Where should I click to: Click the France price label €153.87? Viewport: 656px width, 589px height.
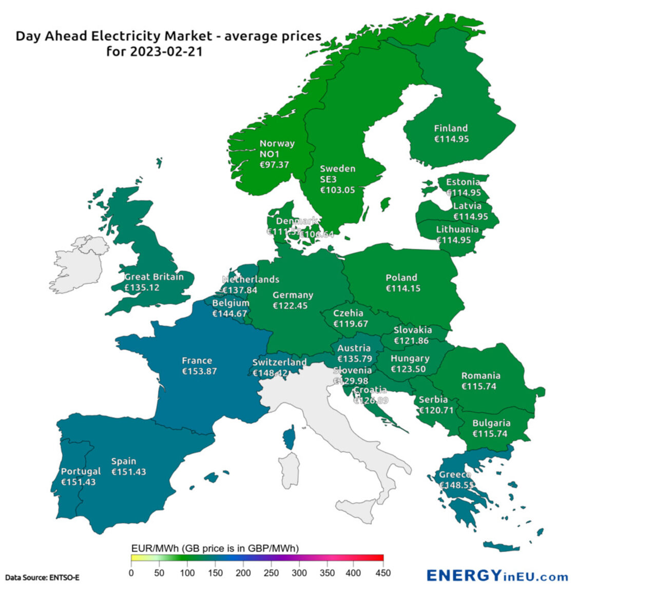click(199, 371)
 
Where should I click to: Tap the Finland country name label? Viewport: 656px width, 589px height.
click(451, 128)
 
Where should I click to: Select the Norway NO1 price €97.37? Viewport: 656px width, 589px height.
click(274, 165)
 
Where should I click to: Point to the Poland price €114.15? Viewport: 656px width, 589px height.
click(403, 288)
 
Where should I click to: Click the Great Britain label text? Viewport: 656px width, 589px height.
click(154, 277)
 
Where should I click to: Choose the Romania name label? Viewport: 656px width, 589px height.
click(480, 376)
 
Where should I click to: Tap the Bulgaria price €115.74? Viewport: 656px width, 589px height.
click(490, 434)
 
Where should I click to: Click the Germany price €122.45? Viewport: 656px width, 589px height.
click(290, 306)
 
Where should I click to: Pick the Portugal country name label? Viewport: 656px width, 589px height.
click(81, 471)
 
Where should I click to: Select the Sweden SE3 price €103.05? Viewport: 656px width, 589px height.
click(337, 190)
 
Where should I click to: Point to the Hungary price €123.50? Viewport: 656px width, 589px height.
click(408, 369)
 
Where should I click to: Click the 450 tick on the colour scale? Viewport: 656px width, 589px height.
click(383, 573)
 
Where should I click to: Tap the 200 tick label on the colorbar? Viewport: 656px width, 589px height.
click(243, 573)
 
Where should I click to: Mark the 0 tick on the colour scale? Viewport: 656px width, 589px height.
click(131, 573)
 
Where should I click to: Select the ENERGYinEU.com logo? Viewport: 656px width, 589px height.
click(497, 576)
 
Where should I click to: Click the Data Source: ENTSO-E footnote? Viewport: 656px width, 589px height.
click(42, 578)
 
